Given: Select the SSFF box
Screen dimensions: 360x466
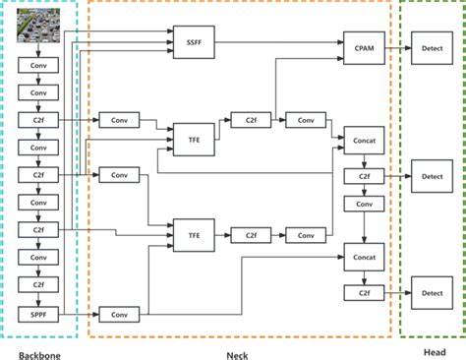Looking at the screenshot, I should point(193,44).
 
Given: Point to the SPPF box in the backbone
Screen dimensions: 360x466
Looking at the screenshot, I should point(38,314).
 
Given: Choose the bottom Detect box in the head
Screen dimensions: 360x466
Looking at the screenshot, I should point(432,293).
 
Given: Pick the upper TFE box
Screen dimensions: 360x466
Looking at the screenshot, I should point(193,140).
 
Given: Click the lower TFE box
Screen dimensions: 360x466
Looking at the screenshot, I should point(193,235).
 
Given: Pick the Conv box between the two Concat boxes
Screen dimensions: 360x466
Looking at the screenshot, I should point(363,204).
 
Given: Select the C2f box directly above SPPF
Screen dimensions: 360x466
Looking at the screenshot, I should point(38,286).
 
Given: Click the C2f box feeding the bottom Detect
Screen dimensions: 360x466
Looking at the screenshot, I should point(363,293).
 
